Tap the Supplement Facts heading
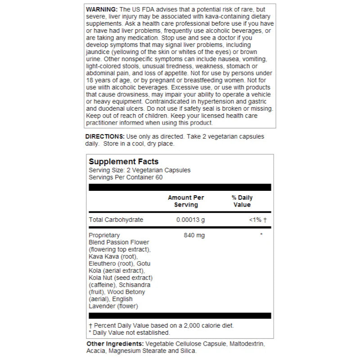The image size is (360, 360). pyautogui.click(x=124, y=162)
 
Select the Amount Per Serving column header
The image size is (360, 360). pyautogui.click(x=186, y=201)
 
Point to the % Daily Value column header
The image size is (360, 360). pyautogui.click(x=242, y=201)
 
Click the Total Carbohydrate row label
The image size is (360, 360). pyautogui.click(x=116, y=220)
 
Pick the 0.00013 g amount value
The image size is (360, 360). pyautogui.click(x=190, y=220)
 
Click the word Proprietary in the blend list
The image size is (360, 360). pyautogui.click(x=104, y=235)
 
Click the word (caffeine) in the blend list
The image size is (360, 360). pyautogui.click(x=103, y=285)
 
